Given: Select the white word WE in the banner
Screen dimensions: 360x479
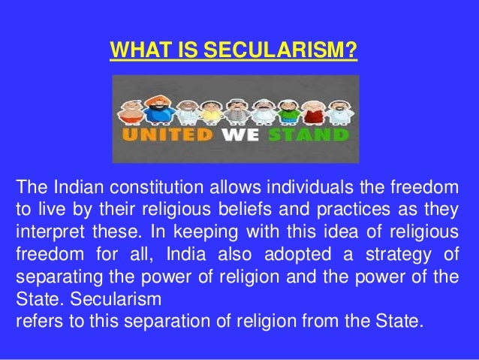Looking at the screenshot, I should pos(239,137).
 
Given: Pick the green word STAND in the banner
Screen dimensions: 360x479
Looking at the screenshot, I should pos(308,137).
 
